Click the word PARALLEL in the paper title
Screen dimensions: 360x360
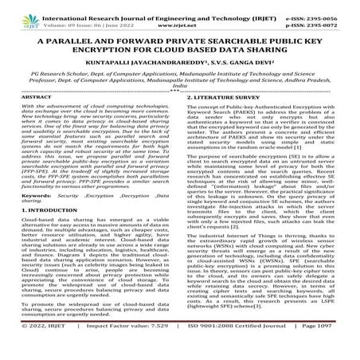(72, 41)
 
